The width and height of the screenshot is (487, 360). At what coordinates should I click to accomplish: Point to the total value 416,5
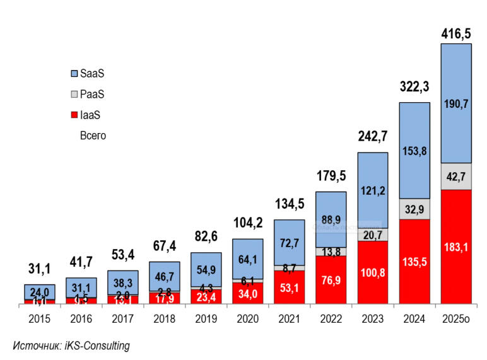[x=455, y=33]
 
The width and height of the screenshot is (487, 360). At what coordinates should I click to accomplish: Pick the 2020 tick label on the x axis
[x=248, y=319]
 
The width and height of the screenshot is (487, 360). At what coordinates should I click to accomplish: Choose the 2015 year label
[x=40, y=319]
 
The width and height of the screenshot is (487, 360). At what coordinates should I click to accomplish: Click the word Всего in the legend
[x=93, y=136]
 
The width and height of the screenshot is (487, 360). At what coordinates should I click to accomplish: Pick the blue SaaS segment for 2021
[x=290, y=242]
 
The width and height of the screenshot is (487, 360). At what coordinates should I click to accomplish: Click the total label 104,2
[x=248, y=223]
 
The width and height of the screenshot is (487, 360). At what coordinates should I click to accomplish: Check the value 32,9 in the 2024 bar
[x=414, y=209]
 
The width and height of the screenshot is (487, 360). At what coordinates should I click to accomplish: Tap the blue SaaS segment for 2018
[x=165, y=276]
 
